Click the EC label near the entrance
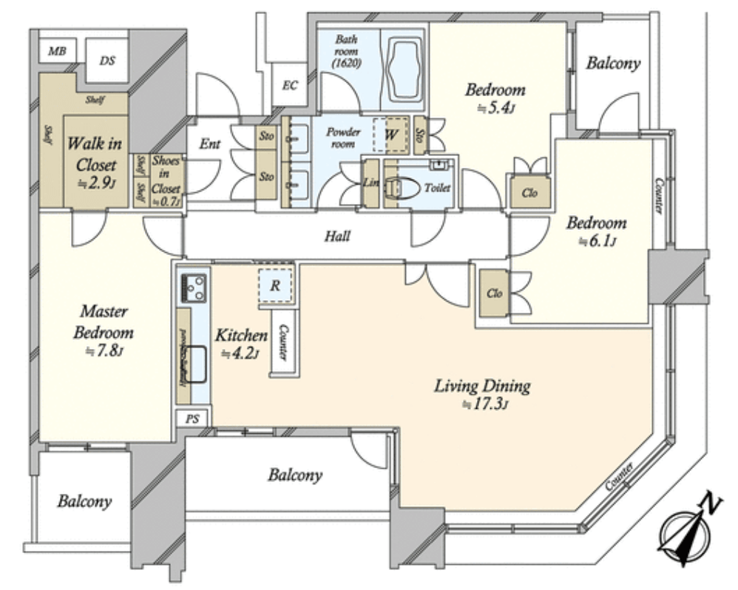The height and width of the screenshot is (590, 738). (x=290, y=85)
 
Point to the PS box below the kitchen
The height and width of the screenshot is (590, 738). (x=192, y=418)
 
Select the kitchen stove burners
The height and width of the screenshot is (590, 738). (x=194, y=285)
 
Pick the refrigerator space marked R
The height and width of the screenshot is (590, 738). (x=274, y=285)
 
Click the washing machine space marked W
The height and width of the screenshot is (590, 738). (x=391, y=135)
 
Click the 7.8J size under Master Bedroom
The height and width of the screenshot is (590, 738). (x=103, y=352)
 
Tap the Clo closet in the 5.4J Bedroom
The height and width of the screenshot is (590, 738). (x=529, y=193)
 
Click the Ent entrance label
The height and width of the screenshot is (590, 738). (x=210, y=144)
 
